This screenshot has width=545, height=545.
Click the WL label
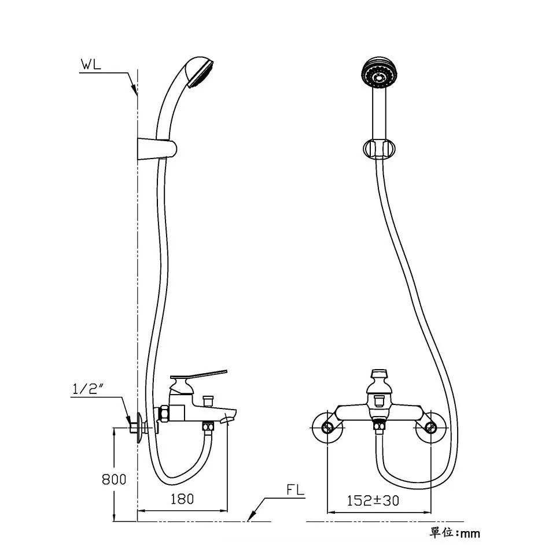point(91,65)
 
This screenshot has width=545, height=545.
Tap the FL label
point(295,490)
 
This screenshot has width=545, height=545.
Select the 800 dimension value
point(114,480)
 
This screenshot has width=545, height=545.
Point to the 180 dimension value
point(182,499)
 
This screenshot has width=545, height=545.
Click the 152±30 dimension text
point(373,500)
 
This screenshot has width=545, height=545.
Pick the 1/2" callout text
point(85,389)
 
